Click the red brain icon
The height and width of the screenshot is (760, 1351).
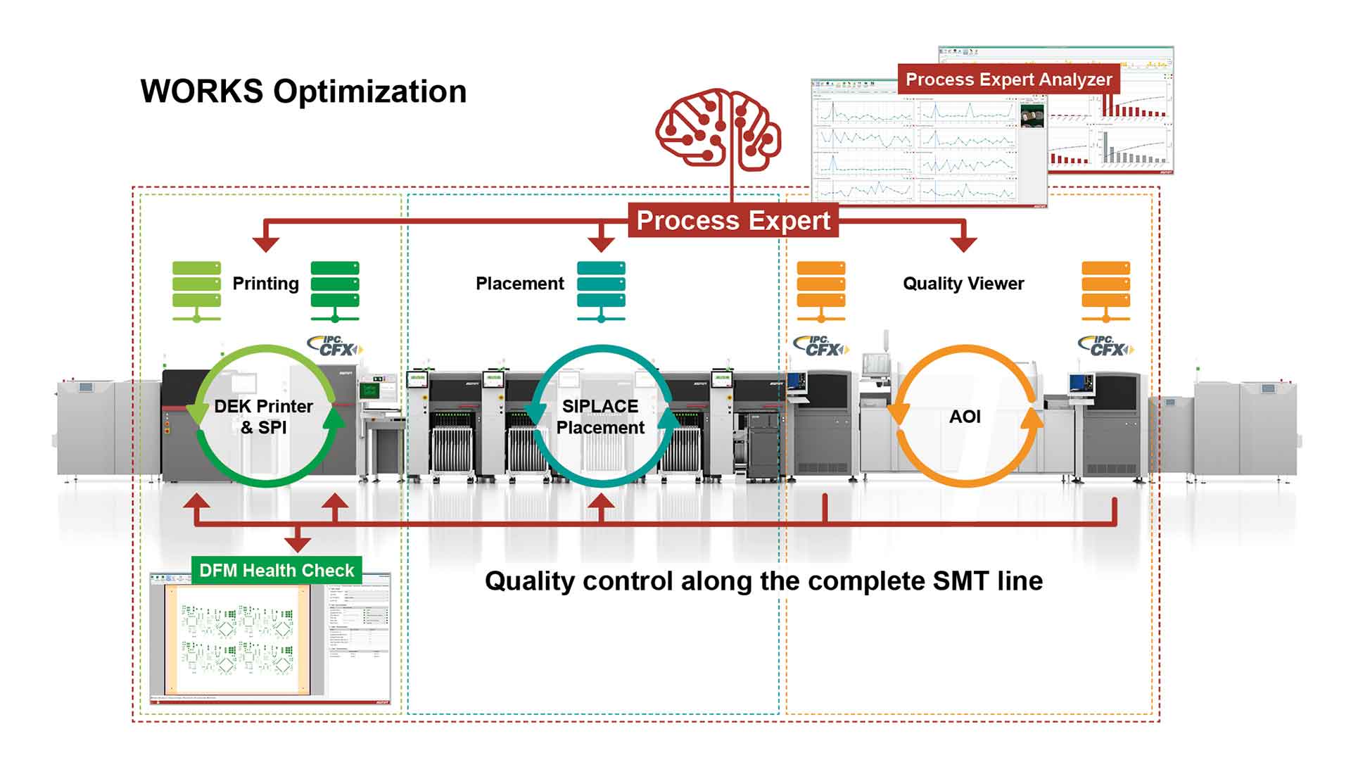718,130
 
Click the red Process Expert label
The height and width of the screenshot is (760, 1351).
733,220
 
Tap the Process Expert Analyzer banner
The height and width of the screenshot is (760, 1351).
1008,80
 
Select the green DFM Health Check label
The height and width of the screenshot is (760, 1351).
277,570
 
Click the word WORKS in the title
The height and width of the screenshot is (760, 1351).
202,91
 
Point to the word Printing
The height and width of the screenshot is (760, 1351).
265,284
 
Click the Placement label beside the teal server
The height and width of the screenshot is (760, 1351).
519,284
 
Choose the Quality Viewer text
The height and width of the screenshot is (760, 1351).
963,284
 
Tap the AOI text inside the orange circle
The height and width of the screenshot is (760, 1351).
965,417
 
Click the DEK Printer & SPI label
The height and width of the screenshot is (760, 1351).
264,417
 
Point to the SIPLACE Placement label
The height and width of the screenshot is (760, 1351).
600,417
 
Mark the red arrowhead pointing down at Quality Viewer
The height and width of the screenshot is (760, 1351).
963,243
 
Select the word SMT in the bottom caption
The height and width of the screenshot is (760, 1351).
962,581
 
